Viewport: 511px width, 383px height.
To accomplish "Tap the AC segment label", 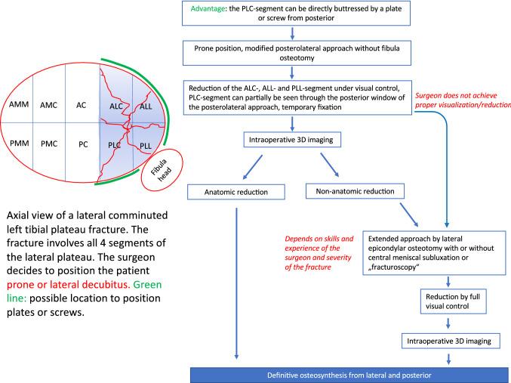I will point(83,104).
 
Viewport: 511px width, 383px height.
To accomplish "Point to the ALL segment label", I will point(145,107).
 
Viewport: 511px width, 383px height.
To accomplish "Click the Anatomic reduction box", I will point(236,192).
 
